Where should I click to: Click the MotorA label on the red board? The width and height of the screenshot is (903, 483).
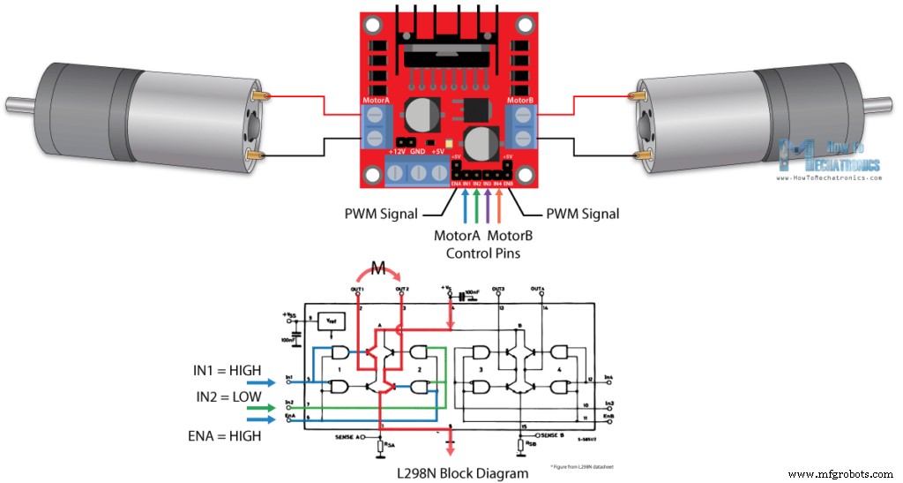[377, 101]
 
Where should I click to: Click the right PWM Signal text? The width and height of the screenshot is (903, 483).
[582, 214]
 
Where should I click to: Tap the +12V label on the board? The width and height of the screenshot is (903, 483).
[396, 152]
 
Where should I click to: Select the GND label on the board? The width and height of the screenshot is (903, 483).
[418, 152]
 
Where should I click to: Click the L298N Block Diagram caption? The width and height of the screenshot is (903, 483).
[462, 473]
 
